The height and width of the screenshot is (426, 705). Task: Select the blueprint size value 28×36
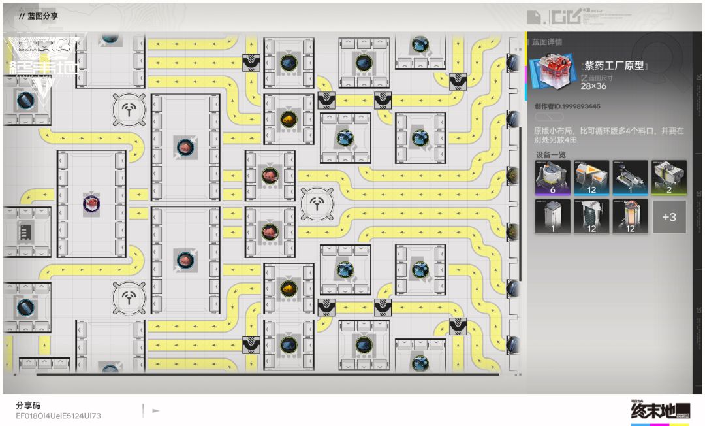click(x=593, y=86)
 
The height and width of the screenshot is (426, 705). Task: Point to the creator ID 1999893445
click(x=567, y=106)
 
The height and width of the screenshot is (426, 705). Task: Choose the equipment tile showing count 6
click(x=552, y=178)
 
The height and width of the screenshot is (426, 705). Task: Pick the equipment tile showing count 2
click(x=668, y=178)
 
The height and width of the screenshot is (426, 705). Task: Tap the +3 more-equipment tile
click(x=668, y=217)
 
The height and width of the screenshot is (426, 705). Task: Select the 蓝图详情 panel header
click(x=546, y=42)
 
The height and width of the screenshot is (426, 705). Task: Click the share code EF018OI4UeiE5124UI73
click(x=58, y=416)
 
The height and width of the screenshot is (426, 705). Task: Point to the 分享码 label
click(x=28, y=405)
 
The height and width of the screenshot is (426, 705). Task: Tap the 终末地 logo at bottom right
click(x=659, y=412)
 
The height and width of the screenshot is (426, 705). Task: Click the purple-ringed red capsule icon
click(x=91, y=204)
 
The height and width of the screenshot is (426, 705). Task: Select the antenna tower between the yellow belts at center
click(x=317, y=204)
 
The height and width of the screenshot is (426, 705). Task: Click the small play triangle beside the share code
click(x=155, y=411)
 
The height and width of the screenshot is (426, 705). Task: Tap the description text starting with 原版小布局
click(x=608, y=135)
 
